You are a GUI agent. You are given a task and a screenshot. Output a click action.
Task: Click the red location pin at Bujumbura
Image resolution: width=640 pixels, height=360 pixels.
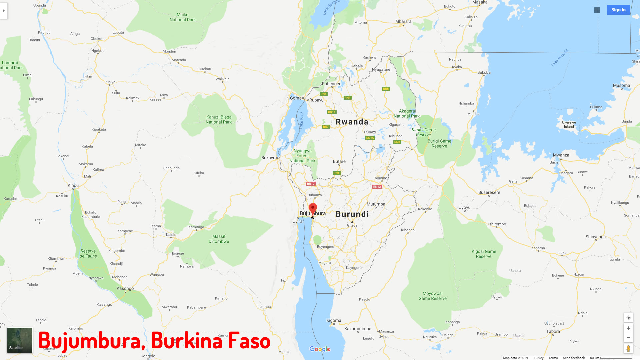[313, 208]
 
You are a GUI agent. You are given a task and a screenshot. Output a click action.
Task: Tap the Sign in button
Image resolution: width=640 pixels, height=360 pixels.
[618, 10]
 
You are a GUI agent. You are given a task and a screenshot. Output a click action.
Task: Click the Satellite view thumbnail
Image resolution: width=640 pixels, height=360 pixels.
[20, 340]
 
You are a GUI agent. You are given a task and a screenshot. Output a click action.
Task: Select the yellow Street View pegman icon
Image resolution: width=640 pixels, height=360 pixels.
[628, 349]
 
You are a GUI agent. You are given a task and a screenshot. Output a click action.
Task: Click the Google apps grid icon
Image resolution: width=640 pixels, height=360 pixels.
[597, 10]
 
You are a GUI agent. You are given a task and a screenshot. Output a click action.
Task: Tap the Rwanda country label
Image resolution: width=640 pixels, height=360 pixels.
[352, 122]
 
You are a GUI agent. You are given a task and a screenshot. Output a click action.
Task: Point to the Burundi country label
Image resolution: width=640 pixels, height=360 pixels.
[352, 214]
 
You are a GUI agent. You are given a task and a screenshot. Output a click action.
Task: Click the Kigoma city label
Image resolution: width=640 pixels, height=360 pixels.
[334, 320]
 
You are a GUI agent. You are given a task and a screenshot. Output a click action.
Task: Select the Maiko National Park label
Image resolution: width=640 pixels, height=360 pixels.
[183, 17]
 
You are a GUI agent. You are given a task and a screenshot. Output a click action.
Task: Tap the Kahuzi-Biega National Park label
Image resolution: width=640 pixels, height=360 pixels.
[219, 120]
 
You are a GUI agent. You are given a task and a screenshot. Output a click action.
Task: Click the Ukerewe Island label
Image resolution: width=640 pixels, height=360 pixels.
[569, 124]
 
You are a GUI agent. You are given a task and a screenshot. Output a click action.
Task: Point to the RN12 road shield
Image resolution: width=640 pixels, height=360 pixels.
[377, 187]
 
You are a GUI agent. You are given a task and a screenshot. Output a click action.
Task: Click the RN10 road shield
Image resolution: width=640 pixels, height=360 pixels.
[311, 184]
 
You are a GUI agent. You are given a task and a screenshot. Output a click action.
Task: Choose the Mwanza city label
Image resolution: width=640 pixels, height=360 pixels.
[561, 155]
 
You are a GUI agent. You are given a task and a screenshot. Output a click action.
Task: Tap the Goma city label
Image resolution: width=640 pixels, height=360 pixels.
[296, 98]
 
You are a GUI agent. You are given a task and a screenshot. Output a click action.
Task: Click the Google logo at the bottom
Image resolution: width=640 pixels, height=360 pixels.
[320, 349]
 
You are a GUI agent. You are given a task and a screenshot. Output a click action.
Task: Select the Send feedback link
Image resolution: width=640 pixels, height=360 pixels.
[574, 358]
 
